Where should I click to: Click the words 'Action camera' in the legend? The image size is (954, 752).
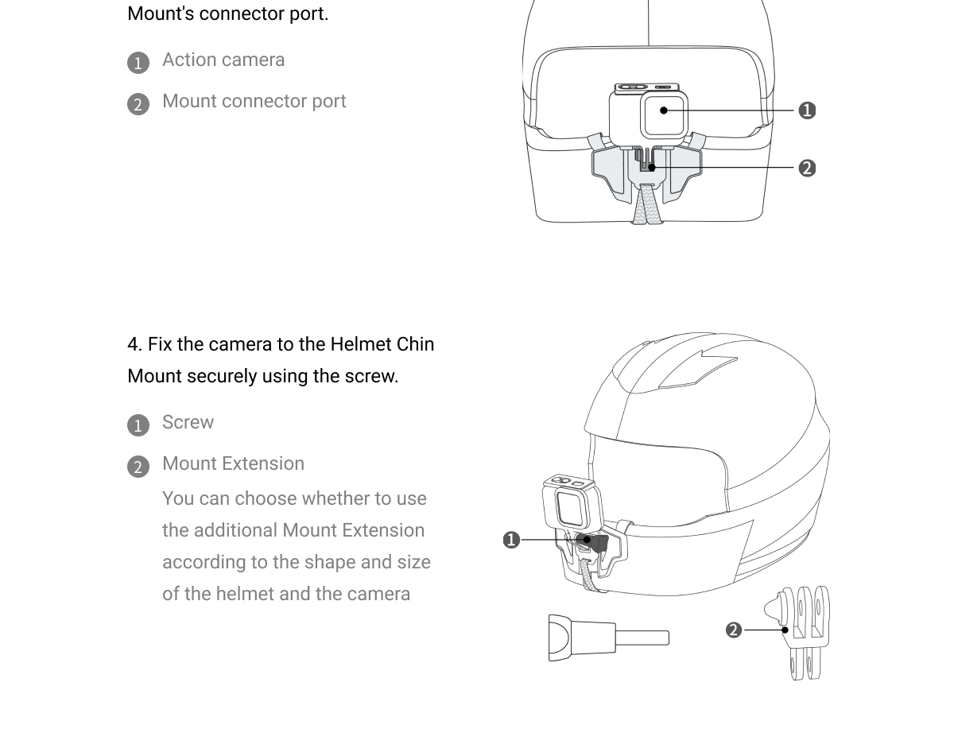point(223,60)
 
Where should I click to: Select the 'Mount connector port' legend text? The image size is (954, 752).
point(254,101)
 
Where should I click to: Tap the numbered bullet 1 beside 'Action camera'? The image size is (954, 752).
point(138,63)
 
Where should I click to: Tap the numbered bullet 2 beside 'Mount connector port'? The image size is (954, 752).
point(138,104)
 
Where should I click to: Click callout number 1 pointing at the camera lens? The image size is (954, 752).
point(807,110)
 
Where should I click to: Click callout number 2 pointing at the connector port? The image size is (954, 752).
point(807,168)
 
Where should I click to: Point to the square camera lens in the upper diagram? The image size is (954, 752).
point(664,115)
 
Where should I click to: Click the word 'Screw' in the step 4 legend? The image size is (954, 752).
point(188,422)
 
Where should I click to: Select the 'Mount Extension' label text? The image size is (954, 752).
point(233,463)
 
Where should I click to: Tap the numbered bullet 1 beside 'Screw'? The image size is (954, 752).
point(138,425)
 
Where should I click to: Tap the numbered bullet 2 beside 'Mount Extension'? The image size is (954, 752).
point(138,467)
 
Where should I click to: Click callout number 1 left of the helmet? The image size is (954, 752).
point(511,540)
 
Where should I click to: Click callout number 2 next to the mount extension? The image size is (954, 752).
point(734,630)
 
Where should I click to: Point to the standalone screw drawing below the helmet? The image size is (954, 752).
point(609,638)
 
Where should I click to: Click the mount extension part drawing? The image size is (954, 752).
point(797,633)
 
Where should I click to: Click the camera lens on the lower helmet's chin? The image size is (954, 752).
point(570,509)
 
